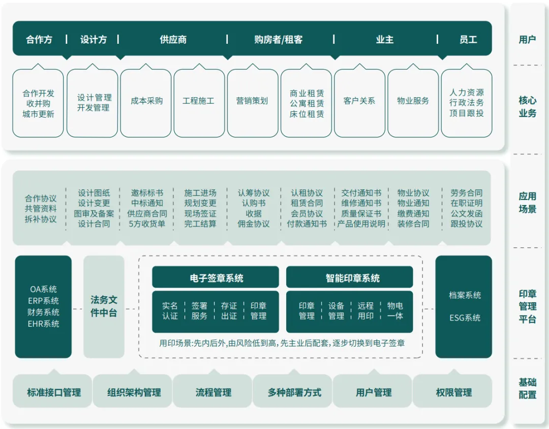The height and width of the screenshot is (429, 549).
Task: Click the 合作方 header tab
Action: coord(39,40)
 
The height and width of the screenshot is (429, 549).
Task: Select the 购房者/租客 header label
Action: coord(278,40)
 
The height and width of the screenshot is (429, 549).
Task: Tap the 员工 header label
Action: coord(468,40)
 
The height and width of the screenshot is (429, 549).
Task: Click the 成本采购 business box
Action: coord(146,101)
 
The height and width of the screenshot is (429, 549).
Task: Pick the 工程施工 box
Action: coord(199,101)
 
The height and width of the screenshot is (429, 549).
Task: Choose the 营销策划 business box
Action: coord(252,101)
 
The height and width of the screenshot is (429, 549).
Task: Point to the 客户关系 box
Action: coord(359,101)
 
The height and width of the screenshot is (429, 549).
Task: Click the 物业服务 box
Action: coord(413,101)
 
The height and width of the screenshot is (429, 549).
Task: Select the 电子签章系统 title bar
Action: coord(216,278)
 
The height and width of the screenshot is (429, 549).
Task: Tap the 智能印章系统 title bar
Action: coord(349,278)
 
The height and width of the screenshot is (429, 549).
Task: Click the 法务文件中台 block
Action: coord(104,306)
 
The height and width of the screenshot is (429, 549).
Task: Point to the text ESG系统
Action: coord(465,318)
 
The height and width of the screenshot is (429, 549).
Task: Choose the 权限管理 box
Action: coord(453,392)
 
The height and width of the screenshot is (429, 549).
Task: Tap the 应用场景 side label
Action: coord(527,203)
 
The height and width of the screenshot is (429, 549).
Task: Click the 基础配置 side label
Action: coord(527,388)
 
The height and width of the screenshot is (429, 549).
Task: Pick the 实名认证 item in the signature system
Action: coord(170,311)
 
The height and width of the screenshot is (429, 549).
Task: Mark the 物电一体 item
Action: coord(395,311)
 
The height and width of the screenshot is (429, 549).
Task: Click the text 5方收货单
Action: coord(147,224)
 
